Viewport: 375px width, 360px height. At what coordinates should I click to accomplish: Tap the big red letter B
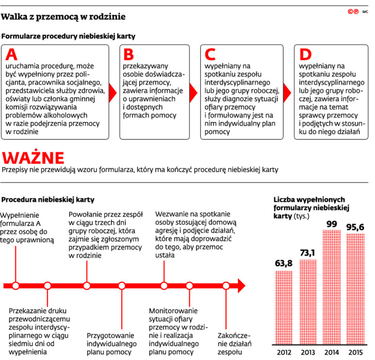128,55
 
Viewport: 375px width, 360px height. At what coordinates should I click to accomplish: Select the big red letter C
210,55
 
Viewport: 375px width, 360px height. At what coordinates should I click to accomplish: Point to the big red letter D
305,55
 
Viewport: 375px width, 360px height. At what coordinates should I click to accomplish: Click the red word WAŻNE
33,158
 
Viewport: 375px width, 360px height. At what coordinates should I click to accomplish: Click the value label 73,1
308,253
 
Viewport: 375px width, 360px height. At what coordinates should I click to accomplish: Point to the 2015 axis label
356,352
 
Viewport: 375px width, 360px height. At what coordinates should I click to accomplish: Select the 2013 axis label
308,352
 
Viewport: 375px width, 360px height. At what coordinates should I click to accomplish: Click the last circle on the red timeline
225,285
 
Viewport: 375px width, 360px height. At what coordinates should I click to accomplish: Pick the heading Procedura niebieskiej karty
48,199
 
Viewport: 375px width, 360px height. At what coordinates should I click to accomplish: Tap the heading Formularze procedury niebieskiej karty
68,36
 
